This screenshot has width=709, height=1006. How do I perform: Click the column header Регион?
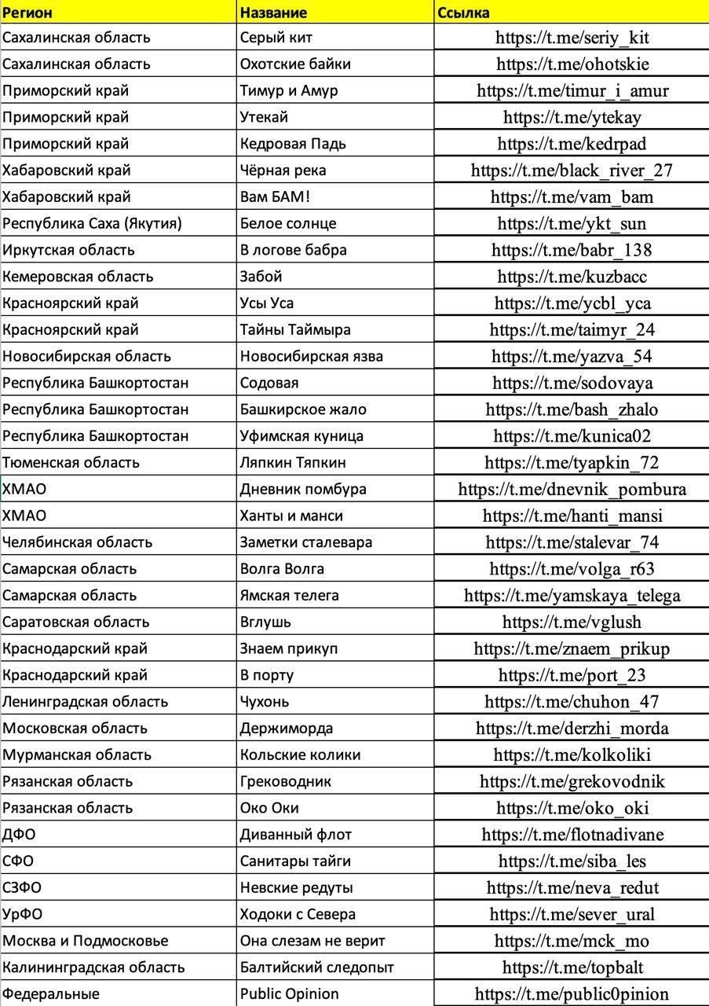point(28,12)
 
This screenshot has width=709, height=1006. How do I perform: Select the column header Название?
point(273,12)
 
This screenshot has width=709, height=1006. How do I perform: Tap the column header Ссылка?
point(463,12)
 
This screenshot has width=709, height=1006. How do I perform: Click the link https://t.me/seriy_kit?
point(572,38)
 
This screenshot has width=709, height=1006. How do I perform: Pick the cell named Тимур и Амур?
point(289,90)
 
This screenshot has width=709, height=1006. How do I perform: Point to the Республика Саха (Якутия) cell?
point(92,223)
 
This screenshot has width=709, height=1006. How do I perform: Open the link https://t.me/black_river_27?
point(572,171)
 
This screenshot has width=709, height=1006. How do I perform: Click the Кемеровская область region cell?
point(78,277)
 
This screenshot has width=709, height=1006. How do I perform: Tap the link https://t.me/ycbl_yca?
point(572,303)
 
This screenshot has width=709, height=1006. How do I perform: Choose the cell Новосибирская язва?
point(312,356)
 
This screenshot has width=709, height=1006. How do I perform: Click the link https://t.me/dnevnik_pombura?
point(572,490)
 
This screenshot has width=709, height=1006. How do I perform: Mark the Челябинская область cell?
point(77,542)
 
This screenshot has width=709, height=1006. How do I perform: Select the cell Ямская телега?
point(290,595)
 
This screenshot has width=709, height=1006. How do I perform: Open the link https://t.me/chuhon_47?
point(572,702)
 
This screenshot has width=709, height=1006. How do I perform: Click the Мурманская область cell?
point(76,754)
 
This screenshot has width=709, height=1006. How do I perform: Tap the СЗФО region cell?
point(22,888)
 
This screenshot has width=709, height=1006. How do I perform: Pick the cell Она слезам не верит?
point(312,941)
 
